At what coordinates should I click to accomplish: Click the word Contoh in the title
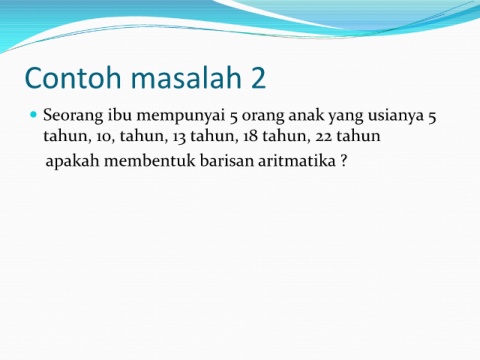coord(73,78)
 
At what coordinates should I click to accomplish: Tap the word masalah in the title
coord(186,78)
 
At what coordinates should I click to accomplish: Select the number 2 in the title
coord(258,78)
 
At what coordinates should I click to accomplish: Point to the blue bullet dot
coord(33,115)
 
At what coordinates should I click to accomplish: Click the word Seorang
coord(73,116)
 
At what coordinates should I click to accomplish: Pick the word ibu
coord(120,115)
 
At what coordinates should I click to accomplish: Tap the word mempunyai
coord(181,117)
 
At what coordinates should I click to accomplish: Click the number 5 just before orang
coord(233,117)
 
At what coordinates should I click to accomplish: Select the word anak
coord(306,115)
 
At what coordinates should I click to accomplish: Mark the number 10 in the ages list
coord(105,137)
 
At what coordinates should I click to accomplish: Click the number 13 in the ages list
coord(179,137)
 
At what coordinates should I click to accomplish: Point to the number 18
coord(250,136)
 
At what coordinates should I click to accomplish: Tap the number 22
coord(323,137)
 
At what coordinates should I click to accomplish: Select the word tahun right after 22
coord(359,136)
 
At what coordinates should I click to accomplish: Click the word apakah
coord(72,161)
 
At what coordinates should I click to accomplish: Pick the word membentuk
coord(150,161)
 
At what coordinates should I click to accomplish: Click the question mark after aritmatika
coord(344,161)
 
